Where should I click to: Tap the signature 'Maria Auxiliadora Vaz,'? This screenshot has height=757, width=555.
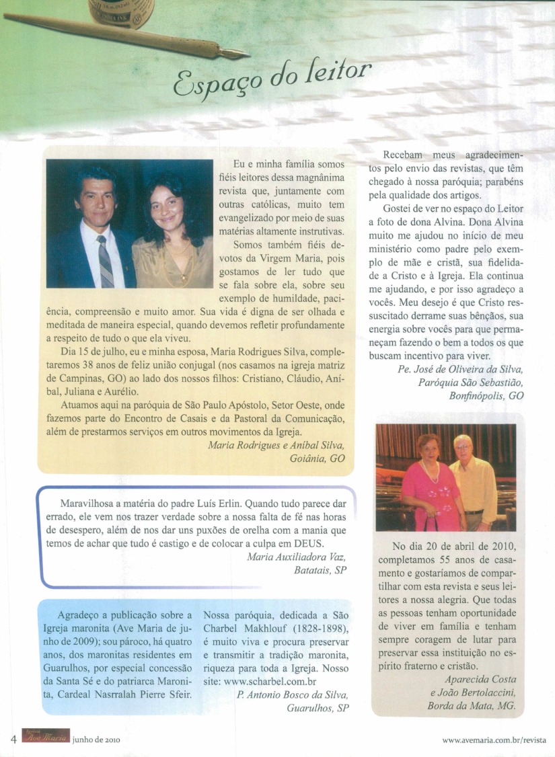pyautogui.click(x=296, y=557)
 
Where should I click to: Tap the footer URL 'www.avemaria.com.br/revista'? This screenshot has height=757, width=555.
pyautogui.click(x=494, y=740)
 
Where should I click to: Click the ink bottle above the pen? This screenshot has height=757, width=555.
pyautogui.click(x=121, y=12)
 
